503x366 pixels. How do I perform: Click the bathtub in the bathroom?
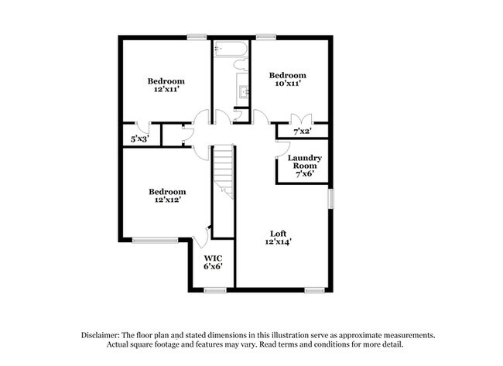231,50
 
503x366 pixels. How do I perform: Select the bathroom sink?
245,92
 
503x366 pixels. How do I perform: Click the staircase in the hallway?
224,171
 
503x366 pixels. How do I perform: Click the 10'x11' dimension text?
287,84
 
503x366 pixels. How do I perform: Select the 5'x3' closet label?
139,139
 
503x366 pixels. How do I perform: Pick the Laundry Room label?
304,162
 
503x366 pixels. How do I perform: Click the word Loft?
278,233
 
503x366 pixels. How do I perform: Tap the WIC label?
213,258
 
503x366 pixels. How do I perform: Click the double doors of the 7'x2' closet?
300,120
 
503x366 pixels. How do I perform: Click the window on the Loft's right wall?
330,198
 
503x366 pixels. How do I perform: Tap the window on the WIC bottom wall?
214,290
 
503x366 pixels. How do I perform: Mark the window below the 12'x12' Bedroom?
150,240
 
